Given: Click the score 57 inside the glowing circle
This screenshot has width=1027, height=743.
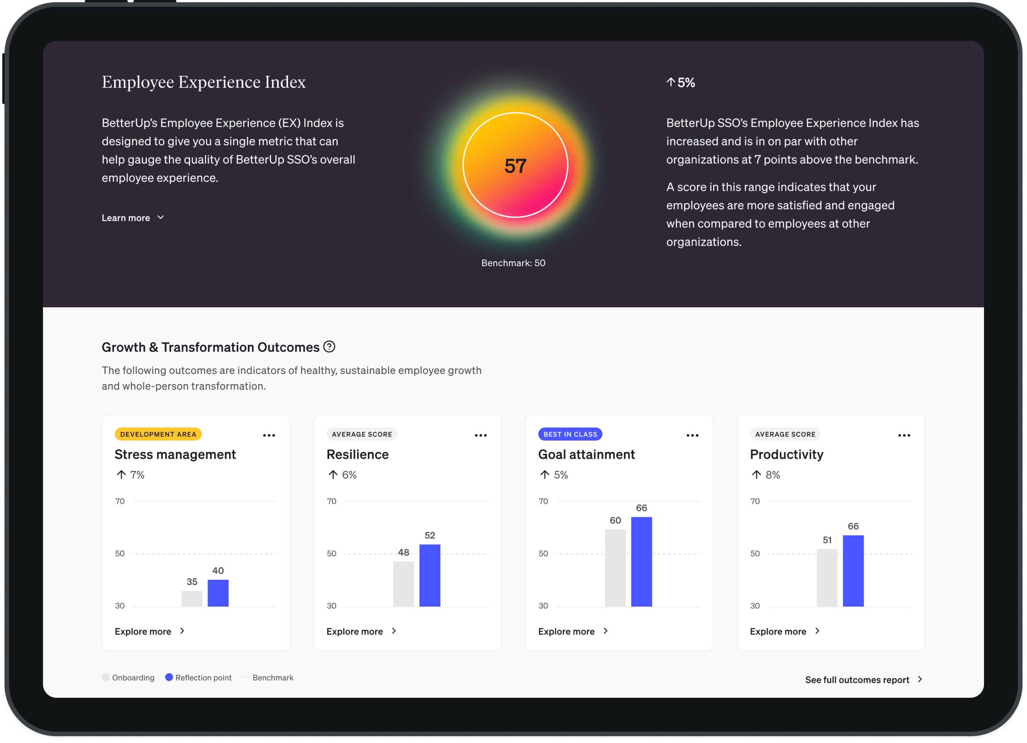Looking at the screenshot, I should point(515,166).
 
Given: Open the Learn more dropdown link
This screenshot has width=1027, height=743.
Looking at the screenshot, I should point(132,218).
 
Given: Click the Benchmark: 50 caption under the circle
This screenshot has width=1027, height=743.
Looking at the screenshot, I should point(513,263).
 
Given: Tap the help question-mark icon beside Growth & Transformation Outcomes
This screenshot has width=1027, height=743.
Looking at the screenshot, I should point(330,347).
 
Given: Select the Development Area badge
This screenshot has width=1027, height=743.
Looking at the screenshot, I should point(158,434).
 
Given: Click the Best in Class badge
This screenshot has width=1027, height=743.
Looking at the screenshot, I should point(570,434).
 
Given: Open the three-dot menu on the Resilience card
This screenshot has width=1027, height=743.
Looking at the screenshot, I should point(480,435).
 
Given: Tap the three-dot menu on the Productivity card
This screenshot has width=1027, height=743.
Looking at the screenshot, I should point(904,435).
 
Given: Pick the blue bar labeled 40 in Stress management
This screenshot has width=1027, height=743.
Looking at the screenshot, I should point(218,593).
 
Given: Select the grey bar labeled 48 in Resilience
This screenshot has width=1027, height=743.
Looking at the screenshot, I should point(403,584).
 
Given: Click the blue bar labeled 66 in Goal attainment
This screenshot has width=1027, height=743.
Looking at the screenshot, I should point(641,561).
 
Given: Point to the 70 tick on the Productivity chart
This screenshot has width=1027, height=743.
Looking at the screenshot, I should point(755,501).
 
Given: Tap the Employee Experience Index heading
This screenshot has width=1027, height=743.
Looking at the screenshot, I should point(203,82).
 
